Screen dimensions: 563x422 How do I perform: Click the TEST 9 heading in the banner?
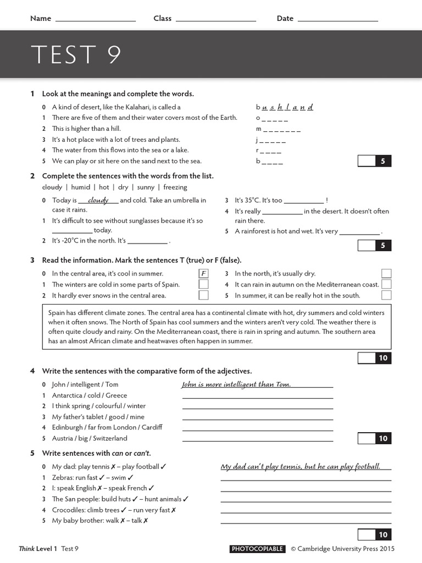(x=76, y=54)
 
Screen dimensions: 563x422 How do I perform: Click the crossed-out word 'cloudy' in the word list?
(x=52, y=187)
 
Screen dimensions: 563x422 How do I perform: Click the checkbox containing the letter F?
(x=203, y=273)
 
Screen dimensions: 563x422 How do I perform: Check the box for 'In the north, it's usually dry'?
(x=386, y=273)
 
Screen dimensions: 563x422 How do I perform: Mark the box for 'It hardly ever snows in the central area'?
(x=203, y=295)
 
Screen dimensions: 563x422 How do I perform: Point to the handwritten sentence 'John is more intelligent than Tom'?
(x=236, y=384)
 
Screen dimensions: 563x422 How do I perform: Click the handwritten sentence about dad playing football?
(x=301, y=466)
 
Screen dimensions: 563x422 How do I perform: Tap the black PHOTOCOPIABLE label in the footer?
(x=257, y=549)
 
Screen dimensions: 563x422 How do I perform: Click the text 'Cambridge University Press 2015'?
(x=346, y=549)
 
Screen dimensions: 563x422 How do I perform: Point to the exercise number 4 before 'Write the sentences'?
(x=32, y=371)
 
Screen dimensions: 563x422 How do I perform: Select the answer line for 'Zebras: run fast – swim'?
(x=306, y=479)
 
